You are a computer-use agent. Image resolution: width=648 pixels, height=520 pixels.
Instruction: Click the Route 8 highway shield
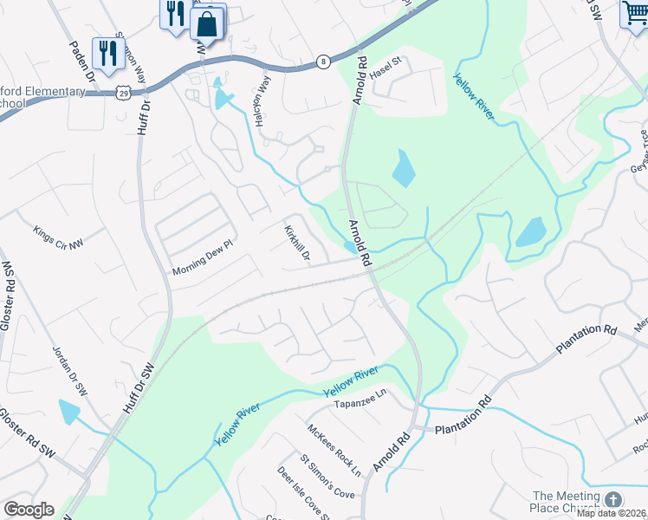[x=322, y=62]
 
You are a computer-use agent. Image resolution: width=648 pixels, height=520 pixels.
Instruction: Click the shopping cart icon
[x=635, y=15]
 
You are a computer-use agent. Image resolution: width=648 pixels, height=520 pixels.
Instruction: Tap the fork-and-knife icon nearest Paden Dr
[x=107, y=54]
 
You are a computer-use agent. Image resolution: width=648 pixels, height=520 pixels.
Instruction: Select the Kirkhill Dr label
[x=298, y=244]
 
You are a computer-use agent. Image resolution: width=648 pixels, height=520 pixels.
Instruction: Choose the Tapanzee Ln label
[x=360, y=404]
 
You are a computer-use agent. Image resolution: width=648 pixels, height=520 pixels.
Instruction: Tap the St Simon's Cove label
[x=327, y=478]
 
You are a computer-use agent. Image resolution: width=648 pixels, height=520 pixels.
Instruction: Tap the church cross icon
[x=613, y=500]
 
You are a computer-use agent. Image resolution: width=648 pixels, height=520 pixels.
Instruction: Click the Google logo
[x=29, y=510]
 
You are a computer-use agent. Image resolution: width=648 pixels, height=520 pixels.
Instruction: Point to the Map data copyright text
[x=612, y=513]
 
